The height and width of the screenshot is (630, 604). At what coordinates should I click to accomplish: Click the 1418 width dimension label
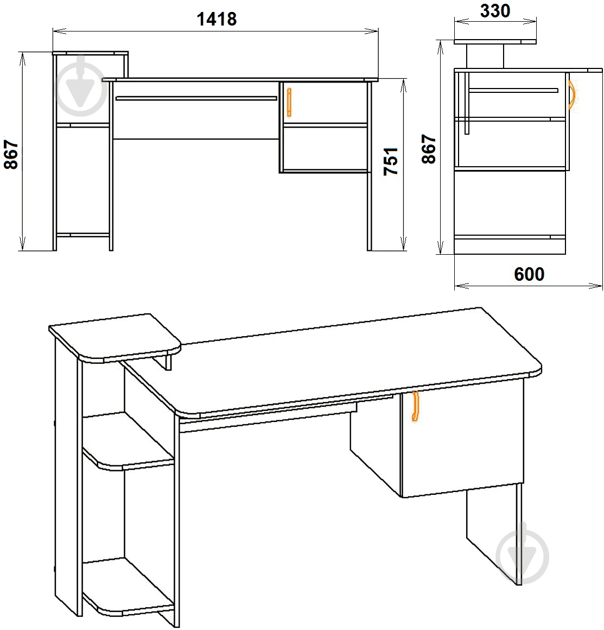click(217, 19)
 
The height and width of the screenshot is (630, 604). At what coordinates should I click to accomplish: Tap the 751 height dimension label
click(390, 161)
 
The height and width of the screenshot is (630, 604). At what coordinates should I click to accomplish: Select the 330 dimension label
click(495, 11)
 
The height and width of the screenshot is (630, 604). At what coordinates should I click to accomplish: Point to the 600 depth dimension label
click(529, 274)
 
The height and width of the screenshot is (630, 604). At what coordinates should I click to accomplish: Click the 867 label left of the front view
click(11, 154)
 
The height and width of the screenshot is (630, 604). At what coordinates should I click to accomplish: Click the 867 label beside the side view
click(429, 149)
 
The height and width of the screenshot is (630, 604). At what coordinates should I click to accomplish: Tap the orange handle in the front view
click(289, 103)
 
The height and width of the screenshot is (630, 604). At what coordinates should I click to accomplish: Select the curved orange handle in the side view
click(573, 95)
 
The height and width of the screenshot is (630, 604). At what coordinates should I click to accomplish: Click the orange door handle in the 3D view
click(415, 406)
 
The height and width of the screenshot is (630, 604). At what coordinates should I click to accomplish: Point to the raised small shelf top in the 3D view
click(115, 336)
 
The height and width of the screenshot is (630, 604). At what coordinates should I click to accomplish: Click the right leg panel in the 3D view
click(494, 534)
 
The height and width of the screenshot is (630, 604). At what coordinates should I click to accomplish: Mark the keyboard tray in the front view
click(196, 98)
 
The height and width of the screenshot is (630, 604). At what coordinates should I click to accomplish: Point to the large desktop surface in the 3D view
click(333, 362)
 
